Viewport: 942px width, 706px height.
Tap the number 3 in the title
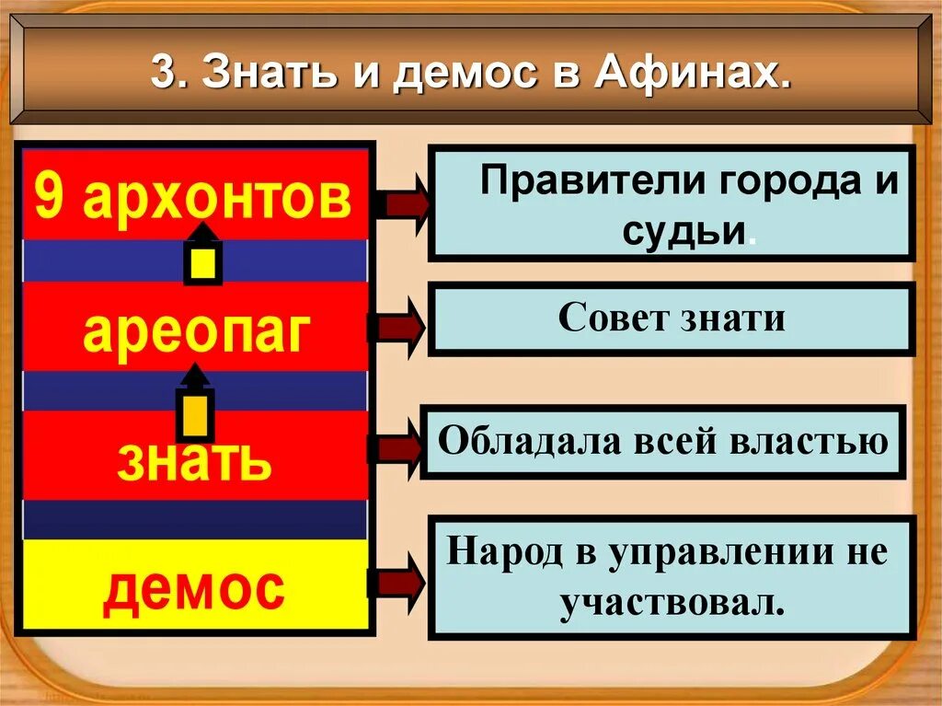click(162, 74)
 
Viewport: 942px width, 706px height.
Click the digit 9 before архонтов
click(53, 196)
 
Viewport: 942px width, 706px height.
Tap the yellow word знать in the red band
click(194, 460)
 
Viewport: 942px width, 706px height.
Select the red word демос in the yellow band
click(194, 589)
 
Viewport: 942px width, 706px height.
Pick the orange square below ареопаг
click(195, 417)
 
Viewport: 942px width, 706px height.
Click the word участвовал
click(672, 603)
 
